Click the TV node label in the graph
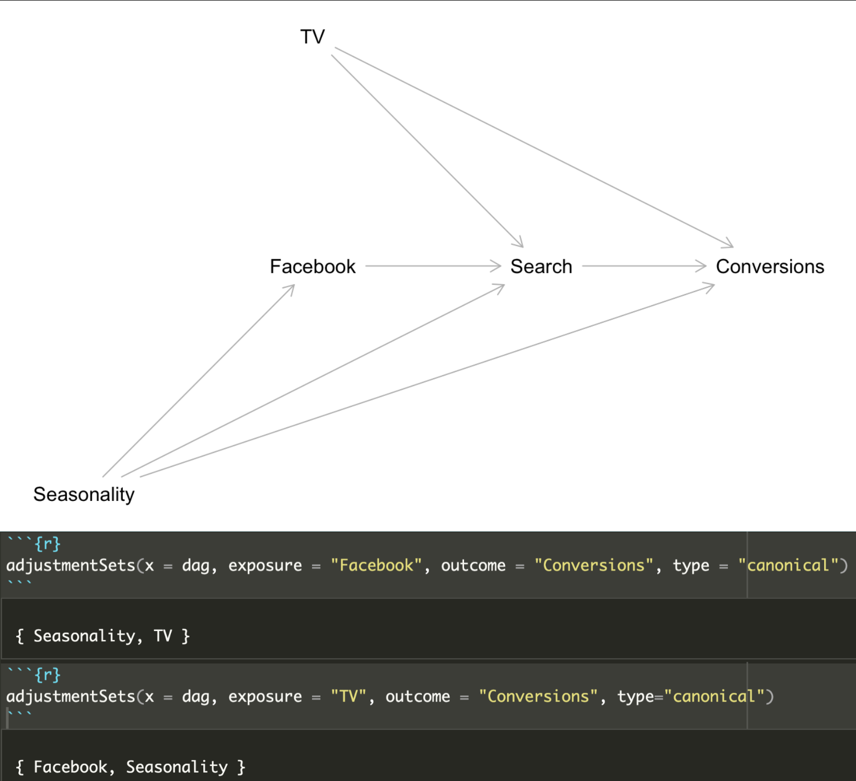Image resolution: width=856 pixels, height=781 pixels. click(x=312, y=37)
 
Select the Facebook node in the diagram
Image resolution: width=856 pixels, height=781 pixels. click(x=312, y=267)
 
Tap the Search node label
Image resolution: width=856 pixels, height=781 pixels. click(x=541, y=267)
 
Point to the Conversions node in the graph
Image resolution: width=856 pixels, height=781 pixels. click(x=769, y=267)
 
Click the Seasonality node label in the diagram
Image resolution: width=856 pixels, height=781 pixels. click(x=84, y=494)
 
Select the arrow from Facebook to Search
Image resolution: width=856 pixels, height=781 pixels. click(x=433, y=266)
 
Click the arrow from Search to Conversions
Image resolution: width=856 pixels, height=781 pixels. click(x=644, y=266)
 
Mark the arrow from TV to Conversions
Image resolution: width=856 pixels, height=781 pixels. click(x=533, y=147)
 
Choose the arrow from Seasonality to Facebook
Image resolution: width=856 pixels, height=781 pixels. click(x=199, y=380)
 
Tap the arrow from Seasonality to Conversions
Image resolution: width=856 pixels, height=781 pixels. click(x=427, y=380)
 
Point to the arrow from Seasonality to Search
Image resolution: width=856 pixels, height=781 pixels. click(x=313, y=380)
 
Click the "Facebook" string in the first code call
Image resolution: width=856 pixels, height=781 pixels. click(x=376, y=565)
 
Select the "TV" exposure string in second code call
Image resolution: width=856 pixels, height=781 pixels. click(x=348, y=696)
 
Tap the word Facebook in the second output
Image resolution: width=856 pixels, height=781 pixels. click(x=71, y=767)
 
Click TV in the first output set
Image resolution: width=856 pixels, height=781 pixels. click(x=163, y=636)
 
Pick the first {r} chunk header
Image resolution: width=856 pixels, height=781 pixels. click(x=47, y=544)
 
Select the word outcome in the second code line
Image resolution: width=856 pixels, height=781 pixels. click(x=418, y=696)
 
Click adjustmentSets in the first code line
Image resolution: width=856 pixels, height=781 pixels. click(x=71, y=565)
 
